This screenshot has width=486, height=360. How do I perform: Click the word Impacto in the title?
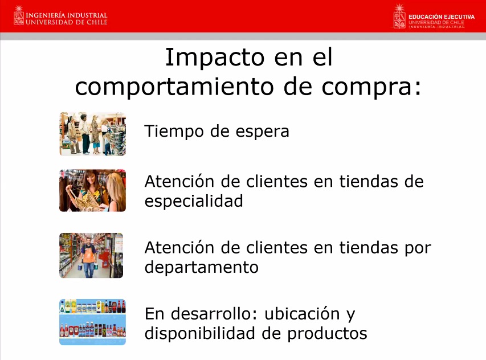215,58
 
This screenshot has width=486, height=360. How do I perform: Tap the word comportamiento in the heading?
174,87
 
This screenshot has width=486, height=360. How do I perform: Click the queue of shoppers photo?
93,134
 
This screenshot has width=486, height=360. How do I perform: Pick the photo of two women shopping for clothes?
93,190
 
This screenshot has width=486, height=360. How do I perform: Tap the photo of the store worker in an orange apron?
91,255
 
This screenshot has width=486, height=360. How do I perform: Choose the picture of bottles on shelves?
93,322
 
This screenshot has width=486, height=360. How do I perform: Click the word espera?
262,132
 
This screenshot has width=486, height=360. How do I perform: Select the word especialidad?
194,202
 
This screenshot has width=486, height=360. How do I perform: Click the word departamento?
202,267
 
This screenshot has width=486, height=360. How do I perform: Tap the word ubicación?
302,313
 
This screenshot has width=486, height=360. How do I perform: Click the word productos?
327,334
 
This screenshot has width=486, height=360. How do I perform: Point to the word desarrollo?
214,313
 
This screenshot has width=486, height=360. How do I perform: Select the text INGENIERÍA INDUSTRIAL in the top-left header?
66,15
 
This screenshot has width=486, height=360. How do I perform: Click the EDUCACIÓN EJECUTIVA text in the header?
442,17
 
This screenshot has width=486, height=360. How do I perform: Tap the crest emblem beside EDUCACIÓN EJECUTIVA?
399,17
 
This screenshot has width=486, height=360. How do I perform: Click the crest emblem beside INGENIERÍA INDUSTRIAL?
19,15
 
